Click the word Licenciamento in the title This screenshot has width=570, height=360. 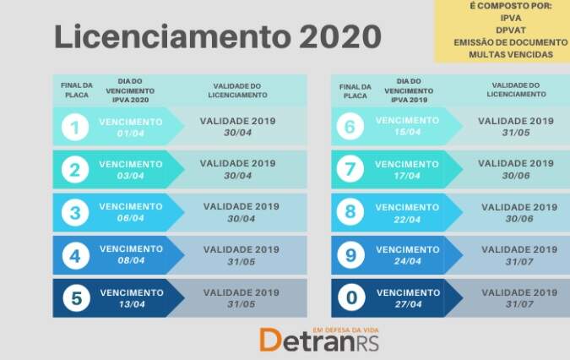click(172, 36)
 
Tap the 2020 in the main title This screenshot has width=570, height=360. click(340, 36)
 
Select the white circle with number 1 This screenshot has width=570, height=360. click(75, 128)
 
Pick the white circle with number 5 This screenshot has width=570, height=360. click(76, 298)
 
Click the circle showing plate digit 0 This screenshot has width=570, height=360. click(351, 297)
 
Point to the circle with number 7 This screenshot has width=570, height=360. click(350, 169)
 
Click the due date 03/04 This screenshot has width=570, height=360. click(131, 176)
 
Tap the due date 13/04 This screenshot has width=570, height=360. click(132, 304)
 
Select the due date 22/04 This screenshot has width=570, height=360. click(407, 220)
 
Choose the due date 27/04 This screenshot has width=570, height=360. click(408, 304)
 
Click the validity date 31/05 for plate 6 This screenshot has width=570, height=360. click(516, 133)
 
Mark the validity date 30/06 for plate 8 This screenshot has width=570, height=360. click(519, 219)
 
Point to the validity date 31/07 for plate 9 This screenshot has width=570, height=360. click(519, 261)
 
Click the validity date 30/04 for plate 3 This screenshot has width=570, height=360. click(242, 219)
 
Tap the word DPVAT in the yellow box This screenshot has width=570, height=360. click(511, 30)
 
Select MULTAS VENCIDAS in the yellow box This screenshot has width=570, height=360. click(511, 55)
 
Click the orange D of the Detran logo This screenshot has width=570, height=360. click(270, 340)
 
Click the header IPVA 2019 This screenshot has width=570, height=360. click(409, 100)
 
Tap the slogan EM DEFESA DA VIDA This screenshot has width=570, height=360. click(345, 330)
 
